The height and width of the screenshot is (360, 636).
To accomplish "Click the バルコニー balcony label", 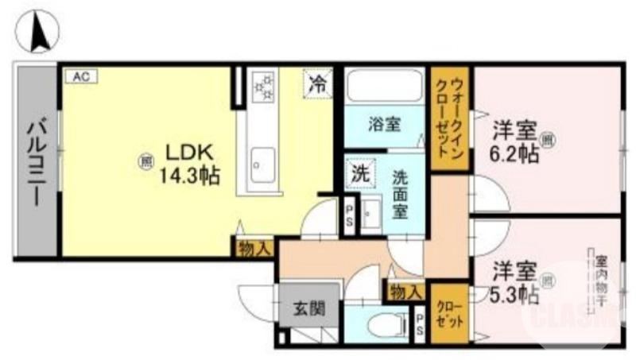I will [x=36, y=162].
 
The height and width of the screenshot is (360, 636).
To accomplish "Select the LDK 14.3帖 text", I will [x=191, y=163].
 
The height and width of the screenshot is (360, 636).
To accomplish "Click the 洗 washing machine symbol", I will [x=360, y=173].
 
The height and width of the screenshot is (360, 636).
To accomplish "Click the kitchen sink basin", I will [x=262, y=164].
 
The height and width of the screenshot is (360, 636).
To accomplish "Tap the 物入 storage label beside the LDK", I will [x=255, y=248].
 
